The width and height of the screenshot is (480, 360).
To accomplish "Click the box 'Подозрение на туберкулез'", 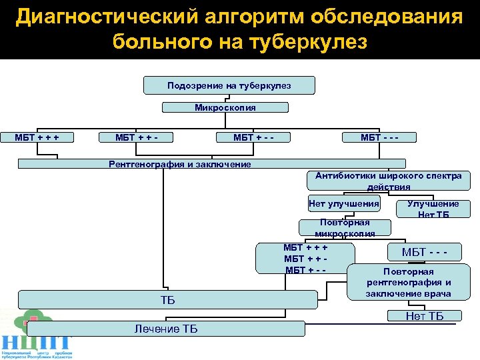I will pyautogui.click(x=229, y=85).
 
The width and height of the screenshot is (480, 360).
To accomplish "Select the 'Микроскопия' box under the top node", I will pyautogui.click(x=225, y=107).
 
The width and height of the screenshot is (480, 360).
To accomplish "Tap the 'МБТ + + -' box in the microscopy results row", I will pyautogui.click(x=136, y=137).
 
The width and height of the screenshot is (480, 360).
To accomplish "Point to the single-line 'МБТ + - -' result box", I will pyautogui.click(x=253, y=137).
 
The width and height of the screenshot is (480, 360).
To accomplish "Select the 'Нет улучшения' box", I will pyautogui.click(x=344, y=203).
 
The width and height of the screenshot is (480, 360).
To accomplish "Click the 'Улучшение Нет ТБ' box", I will pyautogui.click(x=433, y=209).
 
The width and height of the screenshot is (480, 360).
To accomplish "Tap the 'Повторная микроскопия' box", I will pyautogui.click(x=345, y=227).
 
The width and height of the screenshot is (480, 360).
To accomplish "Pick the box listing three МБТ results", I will pyautogui.click(x=305, y=258).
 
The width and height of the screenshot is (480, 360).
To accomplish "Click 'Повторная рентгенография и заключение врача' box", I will pyautogui.click(x=409, y=282).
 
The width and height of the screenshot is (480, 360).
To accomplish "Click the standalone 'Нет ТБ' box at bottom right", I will pyautogui.click(x=425, y=316).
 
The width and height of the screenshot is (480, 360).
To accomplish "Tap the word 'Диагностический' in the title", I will pyautogui.click(x=91, y=16).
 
